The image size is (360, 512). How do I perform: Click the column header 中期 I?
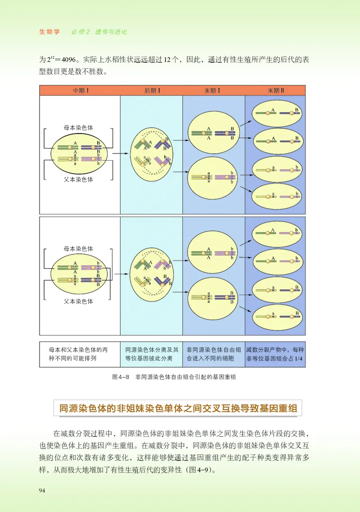[x=80, y=90]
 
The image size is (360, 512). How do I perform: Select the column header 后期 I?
[x=152, y=90]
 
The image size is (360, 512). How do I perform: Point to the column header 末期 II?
[x=275, y=90]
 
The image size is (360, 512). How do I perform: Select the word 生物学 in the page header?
[x=50, y=32]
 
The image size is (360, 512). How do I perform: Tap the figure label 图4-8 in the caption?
[x=120, y=377]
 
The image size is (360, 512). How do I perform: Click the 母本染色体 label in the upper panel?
[x=78, y=128]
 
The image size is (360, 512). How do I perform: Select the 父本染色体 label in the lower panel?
[x=78, y=301]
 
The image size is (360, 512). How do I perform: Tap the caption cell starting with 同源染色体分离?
[x=152, y=354]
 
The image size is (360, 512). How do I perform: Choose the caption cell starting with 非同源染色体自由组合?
[x=214, y=354]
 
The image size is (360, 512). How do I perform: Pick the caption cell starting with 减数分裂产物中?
[x=275, y=354]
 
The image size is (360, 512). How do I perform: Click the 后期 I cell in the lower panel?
[x=151, y=275]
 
